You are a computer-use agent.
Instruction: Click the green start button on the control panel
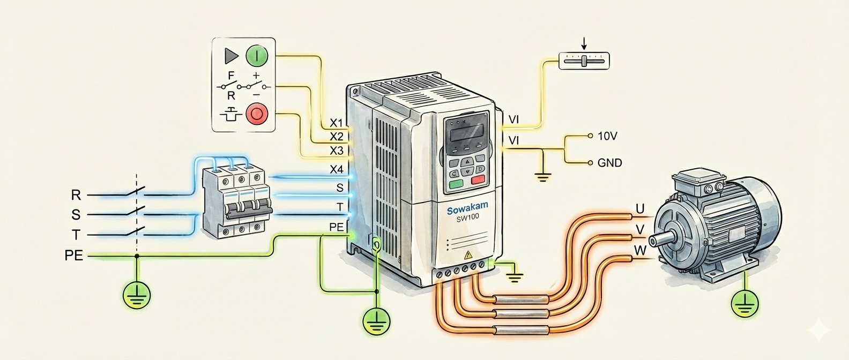click(256, 55)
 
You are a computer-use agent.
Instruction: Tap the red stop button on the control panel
click(256, 114)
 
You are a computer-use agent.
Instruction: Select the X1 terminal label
click(337, 122)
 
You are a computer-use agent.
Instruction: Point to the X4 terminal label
click(337, 170)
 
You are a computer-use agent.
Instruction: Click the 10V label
click(607, 136)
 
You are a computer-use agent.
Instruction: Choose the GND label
click(609, 162)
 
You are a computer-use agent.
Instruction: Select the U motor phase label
click(639, 208)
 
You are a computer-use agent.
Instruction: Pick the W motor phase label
click(640, 250)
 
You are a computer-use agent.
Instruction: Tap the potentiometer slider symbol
click(584, 61)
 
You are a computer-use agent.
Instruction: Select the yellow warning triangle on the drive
click(467, 255)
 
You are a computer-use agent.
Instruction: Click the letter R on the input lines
click(76, 194)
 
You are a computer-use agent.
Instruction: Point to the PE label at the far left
click(74, 256)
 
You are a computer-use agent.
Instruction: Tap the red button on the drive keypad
click(478, 180)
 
